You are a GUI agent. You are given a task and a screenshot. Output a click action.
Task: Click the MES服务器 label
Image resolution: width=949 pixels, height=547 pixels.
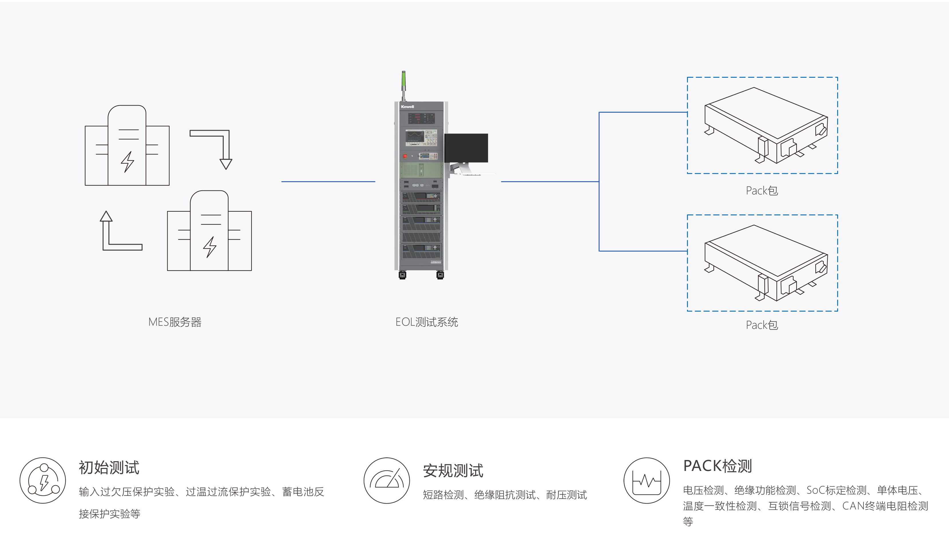click(x=175, y=322)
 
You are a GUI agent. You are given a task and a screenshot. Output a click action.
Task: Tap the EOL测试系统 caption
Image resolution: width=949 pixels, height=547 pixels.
click(x=427, y=322)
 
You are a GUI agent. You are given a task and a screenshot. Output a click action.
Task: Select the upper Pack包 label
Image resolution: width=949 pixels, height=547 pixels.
click(x=762, y=191)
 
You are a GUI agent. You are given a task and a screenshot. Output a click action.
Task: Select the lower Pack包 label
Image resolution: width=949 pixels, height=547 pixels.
click(x=762, y=325)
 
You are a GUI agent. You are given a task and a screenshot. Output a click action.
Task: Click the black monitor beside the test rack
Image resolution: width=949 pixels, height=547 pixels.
click(x=466, y=148)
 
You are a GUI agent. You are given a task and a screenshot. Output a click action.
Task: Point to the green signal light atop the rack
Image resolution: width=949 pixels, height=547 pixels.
click(x=404, y=79)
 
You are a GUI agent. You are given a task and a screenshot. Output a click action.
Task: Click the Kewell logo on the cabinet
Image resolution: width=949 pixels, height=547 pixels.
click(x=407, y=107)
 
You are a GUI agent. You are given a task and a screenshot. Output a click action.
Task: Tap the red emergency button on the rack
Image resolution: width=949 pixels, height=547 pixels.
click(x=405, y=156)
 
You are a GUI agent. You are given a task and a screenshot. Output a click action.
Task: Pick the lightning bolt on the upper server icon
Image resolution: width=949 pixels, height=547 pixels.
click(x=127, y=162)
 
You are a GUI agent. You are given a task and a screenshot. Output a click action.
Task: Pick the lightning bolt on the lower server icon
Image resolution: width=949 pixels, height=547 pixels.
click(x=210, y=247)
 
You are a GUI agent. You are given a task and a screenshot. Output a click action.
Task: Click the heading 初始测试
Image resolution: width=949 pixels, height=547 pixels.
click(x=109, y=468)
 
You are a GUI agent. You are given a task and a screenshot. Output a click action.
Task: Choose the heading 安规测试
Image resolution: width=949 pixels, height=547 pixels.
click(x=453, y=471)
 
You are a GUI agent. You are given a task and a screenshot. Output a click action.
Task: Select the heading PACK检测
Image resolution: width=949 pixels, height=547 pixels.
click(x=717, y=466)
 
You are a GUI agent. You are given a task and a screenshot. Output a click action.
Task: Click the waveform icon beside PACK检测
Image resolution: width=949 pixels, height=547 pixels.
click(x=647, y=480)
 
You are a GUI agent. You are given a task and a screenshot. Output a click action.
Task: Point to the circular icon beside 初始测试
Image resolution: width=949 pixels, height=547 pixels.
click(x=43, y=480)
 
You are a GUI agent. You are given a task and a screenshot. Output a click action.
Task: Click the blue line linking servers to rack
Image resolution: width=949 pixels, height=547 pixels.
click(x=328, y=182)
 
